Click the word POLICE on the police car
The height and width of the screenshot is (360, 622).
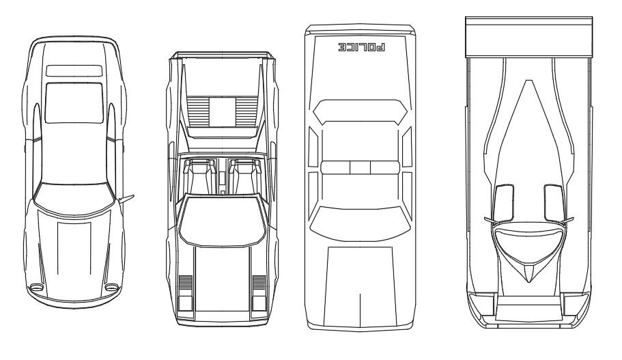(x=361, y=48)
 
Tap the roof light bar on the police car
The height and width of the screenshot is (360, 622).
(x=360, y=167)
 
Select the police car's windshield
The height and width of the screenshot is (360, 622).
(x=360, y=218)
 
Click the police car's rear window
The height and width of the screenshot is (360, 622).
(x=360, y=113)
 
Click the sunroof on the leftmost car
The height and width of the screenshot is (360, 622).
(x=74, y=102)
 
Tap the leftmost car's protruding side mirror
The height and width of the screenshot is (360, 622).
(x=126, y=198)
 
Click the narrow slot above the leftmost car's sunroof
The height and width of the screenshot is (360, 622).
(x=74, y=70)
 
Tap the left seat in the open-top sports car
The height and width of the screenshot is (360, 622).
(x=200, y=176)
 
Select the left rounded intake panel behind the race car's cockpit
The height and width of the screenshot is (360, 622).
(x=504, y=202)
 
